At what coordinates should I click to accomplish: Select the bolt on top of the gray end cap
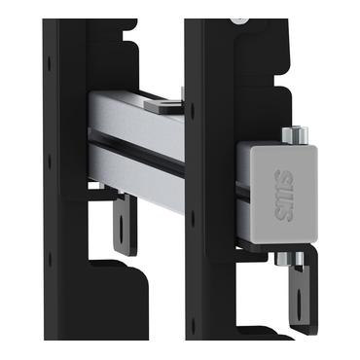coord(295,135)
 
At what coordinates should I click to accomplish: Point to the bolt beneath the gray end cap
coord(289,259)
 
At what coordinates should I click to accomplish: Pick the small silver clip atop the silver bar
coord(164,104)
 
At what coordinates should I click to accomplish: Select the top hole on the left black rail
coord(50,63)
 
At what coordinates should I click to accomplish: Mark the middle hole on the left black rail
coord(50,161)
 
